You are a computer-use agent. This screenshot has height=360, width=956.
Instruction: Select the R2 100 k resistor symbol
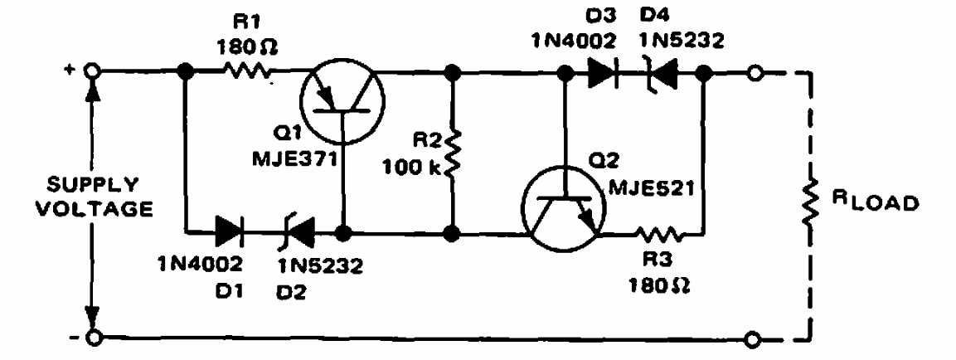[453, 153]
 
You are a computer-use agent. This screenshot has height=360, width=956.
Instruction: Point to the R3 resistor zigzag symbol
[658, 234]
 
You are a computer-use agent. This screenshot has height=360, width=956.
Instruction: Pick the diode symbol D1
[231, 232]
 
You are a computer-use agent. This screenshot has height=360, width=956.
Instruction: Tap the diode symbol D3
[603, 73]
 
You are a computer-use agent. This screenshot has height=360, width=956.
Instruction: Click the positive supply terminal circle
[92, 72]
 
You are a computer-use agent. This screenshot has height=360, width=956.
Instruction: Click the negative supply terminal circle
[92, 336]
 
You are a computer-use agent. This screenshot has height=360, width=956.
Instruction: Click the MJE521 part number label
[652, 191]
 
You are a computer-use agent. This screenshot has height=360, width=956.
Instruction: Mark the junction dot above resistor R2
[453, 73]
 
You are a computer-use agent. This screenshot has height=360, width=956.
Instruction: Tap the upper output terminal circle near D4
[755, 73]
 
